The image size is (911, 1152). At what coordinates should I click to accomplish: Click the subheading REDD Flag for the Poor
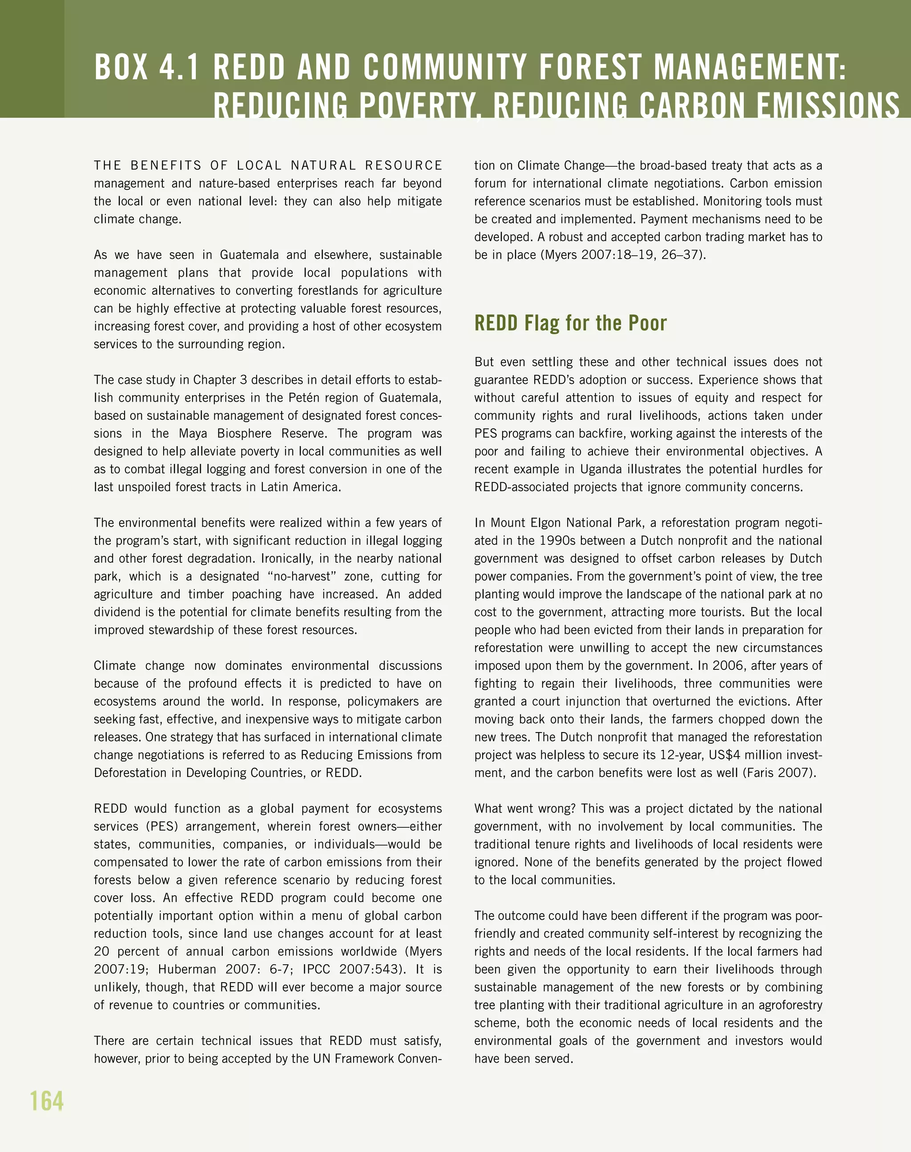(570, 323)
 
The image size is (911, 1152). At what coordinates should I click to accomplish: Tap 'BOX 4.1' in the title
(147, 68)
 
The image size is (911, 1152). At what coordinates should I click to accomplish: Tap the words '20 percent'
(128, 951)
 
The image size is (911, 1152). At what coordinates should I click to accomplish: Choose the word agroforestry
(790, 1005)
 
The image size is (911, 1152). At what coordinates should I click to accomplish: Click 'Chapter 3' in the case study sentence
(220, 380)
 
